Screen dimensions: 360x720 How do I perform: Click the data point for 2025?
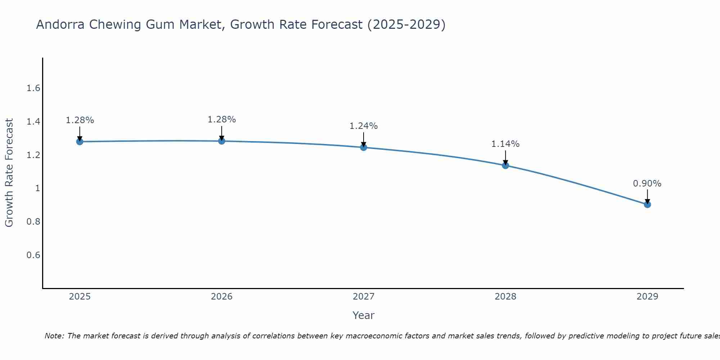point(80,141)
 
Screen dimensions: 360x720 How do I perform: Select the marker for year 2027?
point(364,147)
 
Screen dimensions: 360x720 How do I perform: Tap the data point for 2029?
point(647,204)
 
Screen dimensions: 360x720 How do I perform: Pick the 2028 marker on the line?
point(505,165)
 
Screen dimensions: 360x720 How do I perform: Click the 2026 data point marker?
point(222,141)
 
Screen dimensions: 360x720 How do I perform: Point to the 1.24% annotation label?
point(364,126)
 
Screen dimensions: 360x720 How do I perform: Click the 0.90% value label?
point(647,184)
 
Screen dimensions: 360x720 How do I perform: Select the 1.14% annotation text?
point(505,144)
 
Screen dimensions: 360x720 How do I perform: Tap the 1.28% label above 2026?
point(222,120)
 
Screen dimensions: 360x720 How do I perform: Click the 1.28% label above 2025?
point(80,120)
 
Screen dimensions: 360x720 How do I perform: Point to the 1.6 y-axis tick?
point(33,88)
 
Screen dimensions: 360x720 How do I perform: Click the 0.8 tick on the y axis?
point(33,222)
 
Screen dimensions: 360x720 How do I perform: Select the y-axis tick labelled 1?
point(37,188)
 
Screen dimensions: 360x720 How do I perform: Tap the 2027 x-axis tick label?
point(364,297)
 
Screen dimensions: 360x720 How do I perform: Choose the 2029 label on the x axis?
point(647,297)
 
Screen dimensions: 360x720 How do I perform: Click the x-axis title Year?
point(364,315)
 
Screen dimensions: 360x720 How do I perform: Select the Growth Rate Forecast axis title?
point(9,173)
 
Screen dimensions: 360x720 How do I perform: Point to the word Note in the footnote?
point(54,336)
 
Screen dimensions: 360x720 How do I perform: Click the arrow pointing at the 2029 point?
point(647,196)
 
